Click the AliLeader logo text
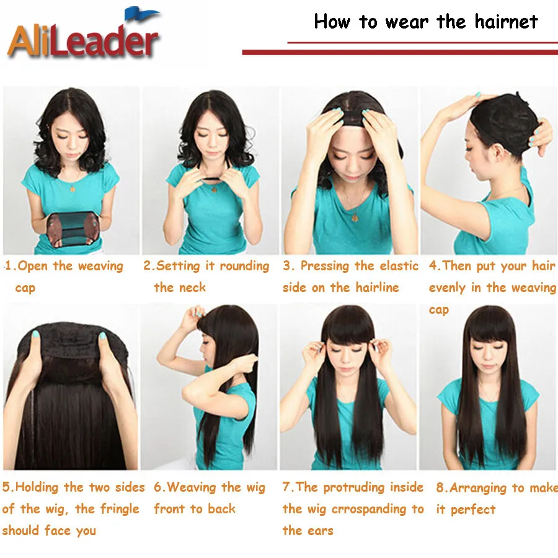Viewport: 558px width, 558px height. pyautogui.click(x=83, y=42)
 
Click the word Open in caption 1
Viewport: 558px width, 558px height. pyautogui.click(x=33, y=267)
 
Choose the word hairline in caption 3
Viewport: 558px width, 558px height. pyautogui.click(x=377, y=288)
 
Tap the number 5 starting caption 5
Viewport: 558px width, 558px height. pyautogui.click(x=6, y=488)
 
